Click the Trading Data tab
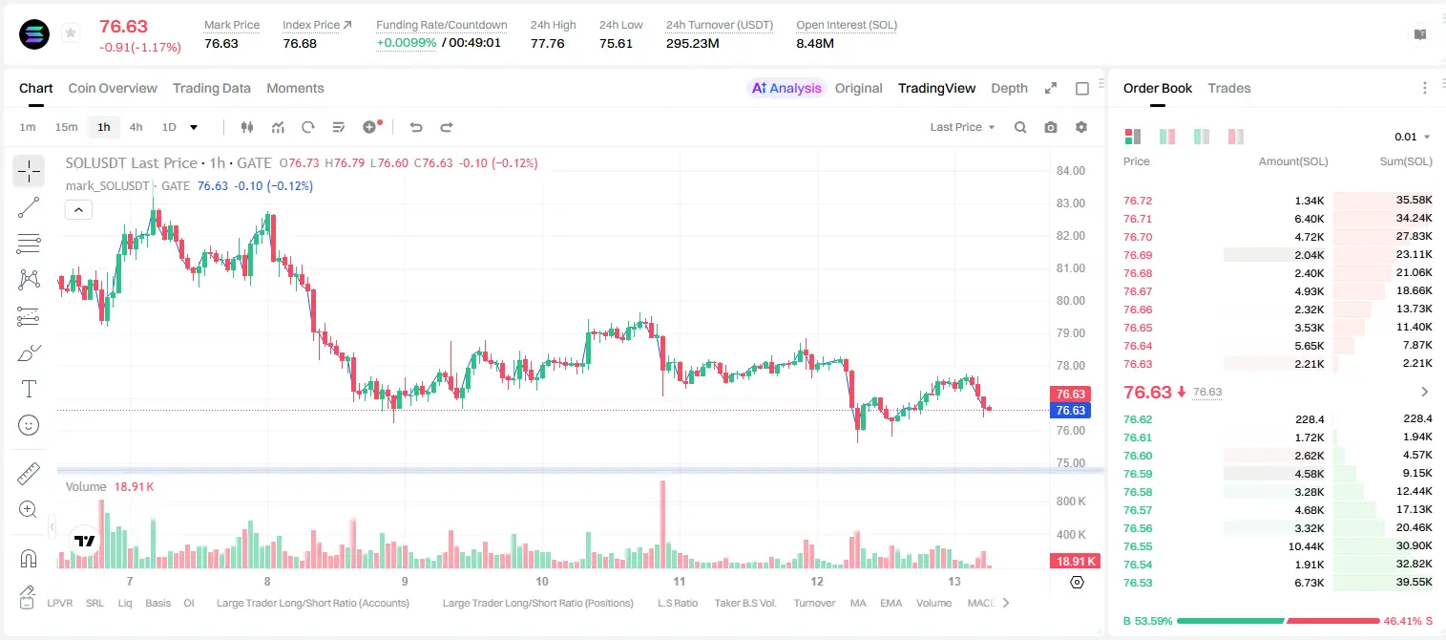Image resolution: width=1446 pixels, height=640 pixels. [211, 88]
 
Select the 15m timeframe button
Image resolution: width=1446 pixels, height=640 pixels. [66, 127]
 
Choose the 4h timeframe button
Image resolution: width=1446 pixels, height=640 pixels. [136, 127]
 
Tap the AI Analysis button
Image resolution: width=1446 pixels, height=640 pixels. [786, 88]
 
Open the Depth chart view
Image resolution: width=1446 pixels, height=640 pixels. [1009, 88]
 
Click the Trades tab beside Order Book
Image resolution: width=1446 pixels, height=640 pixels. [1229, 88]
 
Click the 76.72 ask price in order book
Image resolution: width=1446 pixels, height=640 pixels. [1138, 201]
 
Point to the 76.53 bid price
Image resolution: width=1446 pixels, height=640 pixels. [1138, 583]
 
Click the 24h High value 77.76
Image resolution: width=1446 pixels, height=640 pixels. [548, 43]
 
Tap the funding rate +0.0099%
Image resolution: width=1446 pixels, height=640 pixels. [407, 43]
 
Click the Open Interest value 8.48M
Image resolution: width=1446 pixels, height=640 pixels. [815, 43]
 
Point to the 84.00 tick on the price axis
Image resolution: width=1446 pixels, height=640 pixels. [1070, 170]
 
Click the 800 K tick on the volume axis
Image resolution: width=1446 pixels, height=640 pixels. [1071, 501]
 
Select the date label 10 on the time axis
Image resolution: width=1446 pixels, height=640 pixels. [541, 581]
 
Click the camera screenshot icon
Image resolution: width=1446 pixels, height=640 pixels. [1051, 127]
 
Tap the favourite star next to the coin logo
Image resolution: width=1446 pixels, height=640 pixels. [71, 32]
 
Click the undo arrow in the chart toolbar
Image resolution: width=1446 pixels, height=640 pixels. [416, 127]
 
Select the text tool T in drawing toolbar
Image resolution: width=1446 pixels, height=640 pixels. [29, 389]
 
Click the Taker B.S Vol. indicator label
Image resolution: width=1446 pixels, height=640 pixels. [744, 603]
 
